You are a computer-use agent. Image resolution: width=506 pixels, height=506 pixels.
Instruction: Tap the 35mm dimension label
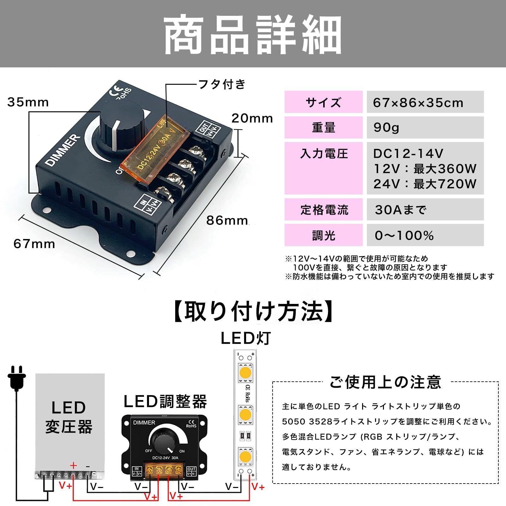tap(28, 102)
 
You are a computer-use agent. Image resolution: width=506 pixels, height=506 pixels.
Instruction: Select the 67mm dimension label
tap(34, 244)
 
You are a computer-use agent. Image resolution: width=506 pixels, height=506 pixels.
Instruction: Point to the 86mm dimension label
tap(227, 220)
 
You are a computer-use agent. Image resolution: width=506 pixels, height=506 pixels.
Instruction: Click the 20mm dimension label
tap(252, 118)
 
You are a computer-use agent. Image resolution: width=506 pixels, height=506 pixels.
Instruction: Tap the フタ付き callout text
tap(222, 84)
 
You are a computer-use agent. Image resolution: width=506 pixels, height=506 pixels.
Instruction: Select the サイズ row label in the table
tap(323, 102)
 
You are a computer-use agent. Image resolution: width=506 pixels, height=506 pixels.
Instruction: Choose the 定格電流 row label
tap(323, 209)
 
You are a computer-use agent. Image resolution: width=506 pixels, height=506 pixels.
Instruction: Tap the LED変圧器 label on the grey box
tap(69, 417)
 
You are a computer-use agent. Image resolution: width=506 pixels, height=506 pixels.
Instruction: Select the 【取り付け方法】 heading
tap(253, 312)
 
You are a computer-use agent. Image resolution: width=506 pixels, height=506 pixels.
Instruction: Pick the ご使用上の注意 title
tap(385, 382)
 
